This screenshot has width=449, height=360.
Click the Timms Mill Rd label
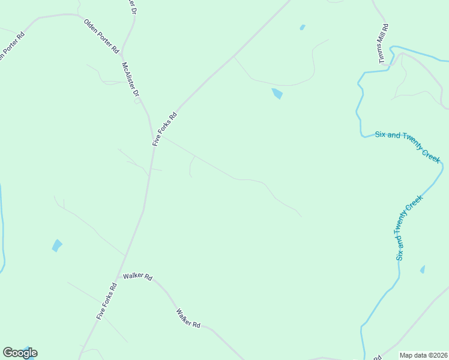pyautogui.click(x=383, y=35)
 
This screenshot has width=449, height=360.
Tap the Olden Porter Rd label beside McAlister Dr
pyautogui.click(x=101, y=36)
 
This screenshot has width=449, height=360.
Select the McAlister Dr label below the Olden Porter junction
pyautogui.click(x=130, y=80)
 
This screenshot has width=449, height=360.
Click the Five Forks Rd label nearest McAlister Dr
pyautogui.click(x=165, y=129)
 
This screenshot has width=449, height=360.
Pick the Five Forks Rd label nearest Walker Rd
pyautogui.click(x=106, y=301)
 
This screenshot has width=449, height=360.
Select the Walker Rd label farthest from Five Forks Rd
pyautogui.click(x=188, y=318)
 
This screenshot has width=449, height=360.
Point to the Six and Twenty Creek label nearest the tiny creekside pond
pyautogui.click(x=409, y=227)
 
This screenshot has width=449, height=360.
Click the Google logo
pyautogui.click(x=20, y=353)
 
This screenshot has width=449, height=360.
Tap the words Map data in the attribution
pyautogui.click(x=414, y=355)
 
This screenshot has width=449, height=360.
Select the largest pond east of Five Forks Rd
pyautogui.click(x=277, y=94)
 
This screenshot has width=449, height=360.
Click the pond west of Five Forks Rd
pyautogui.click(x=56, y=245)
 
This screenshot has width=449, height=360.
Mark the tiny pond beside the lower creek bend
pyautogui.click(x=423, y=269)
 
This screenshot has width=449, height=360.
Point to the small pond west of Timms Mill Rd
pyautogui.click(x=302, y=27)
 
